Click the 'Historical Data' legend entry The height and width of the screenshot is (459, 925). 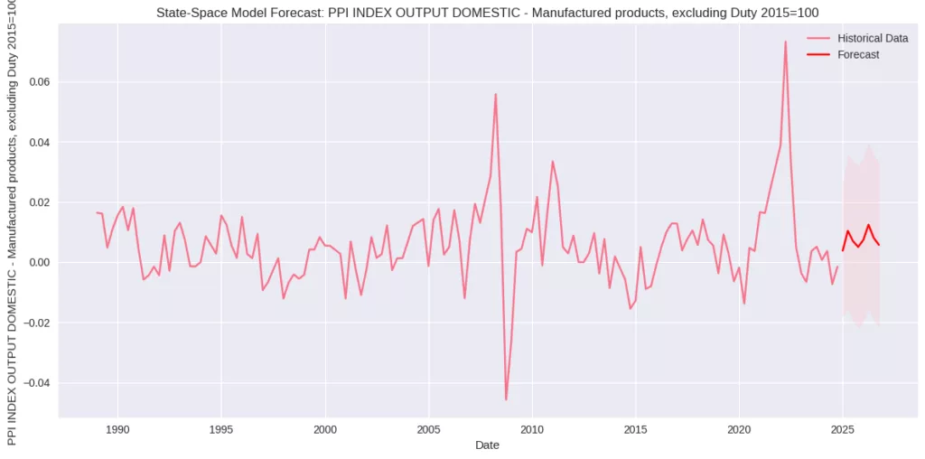873,39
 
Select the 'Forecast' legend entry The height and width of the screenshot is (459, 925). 858,55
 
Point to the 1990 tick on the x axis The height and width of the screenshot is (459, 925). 117,429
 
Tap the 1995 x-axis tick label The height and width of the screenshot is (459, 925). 221,429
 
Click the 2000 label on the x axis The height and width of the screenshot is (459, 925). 325,429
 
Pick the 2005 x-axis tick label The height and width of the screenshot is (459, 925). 428,429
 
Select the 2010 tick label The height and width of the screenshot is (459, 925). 532,429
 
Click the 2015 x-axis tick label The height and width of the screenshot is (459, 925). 636,429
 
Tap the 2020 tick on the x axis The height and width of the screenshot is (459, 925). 740,429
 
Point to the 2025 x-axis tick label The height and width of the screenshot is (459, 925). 843,429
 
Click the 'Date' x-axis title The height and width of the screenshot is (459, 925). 487,445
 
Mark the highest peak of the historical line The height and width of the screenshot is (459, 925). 785,42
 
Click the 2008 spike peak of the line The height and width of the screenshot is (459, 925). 495,94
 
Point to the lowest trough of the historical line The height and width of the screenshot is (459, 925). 506,399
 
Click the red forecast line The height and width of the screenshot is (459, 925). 868,226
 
